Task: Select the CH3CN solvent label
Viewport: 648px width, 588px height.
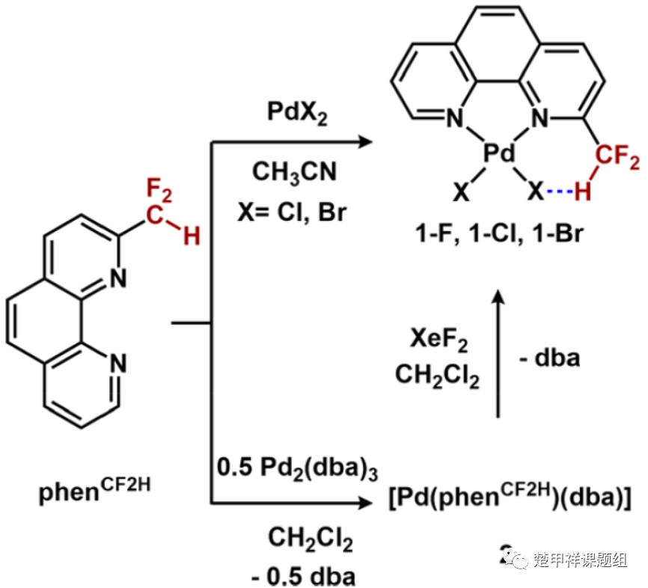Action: click(294, 172)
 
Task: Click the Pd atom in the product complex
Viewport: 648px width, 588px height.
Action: click(496, 154)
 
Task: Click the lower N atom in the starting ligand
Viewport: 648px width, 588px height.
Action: click(117, 364)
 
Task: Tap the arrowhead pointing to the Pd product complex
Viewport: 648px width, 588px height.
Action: click(365, 141)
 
